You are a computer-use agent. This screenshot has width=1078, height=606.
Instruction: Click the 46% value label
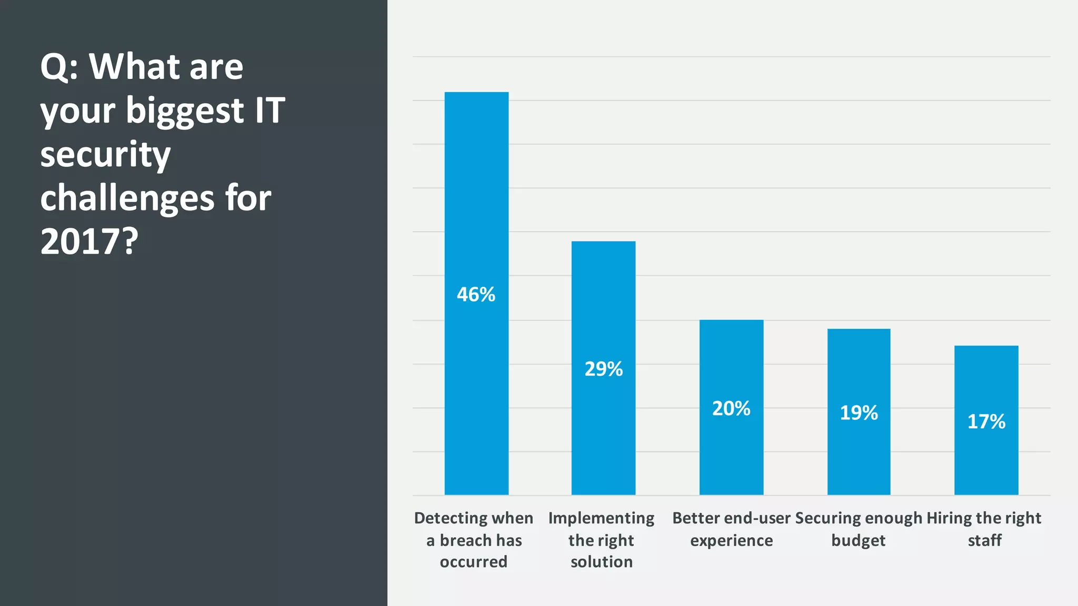point(476,295)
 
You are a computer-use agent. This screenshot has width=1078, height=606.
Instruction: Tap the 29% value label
point(603,369)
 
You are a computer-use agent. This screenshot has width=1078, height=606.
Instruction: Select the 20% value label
point(731,409)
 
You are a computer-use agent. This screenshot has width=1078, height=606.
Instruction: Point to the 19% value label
point(859,413)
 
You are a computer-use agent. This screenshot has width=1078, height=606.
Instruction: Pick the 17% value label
point(986,422)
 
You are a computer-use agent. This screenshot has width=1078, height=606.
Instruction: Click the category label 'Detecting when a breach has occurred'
point(474,540)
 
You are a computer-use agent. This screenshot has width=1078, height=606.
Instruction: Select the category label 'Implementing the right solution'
point(601,540)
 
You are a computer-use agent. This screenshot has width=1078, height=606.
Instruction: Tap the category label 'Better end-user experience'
point(731,529)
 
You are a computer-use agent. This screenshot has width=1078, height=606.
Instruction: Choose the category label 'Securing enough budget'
point(859,529)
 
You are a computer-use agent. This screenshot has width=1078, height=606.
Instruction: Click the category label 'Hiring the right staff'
point(984,529)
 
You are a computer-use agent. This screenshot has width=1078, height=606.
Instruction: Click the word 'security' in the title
point(105,155)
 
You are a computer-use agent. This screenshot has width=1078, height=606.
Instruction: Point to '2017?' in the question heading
point(89,242)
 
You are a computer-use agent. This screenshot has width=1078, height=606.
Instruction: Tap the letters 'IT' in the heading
point(269,111)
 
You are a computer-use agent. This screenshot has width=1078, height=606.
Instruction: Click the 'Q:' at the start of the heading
point(59,68)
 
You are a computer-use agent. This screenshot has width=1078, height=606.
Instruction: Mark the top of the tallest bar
point(476,93)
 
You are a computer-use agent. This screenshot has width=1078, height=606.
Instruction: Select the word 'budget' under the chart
point(858,541)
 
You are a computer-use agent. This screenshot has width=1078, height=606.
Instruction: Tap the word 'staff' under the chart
point(984,541)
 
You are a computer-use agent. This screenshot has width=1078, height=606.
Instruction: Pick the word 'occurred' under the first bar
point(474,562)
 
